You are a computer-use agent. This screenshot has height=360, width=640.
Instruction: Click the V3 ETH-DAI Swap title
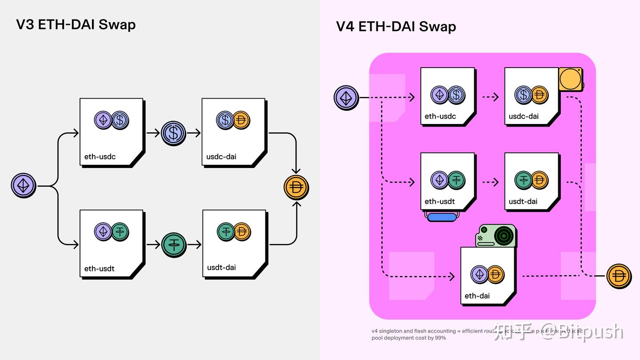[76, 24]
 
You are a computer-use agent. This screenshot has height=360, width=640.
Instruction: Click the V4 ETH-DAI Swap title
[396, 27]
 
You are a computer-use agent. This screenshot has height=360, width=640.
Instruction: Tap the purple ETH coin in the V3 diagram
[24, 186]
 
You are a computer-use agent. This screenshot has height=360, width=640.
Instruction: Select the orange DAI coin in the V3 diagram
[296, 188]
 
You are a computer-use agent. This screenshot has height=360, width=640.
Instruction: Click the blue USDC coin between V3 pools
[173, 133]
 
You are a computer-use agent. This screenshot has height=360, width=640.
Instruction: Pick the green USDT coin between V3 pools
[173, 244]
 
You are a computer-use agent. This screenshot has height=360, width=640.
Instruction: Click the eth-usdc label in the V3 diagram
[100, 156]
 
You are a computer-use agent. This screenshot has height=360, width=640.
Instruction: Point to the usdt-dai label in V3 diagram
[221, 268]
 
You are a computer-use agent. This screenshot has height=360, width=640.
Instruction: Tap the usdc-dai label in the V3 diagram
[221, 156]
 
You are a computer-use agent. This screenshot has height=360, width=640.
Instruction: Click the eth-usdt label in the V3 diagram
[100, 268]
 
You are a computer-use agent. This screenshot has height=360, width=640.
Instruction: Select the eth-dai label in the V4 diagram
[477, 296]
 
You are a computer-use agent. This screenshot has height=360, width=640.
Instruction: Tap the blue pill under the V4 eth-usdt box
[442, 217]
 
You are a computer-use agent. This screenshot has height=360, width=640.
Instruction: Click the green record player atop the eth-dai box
[496, 236]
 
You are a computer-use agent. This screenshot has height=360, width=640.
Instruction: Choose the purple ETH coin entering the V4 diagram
[346, 97]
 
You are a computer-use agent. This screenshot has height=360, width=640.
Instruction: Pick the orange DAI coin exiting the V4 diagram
[619, 276]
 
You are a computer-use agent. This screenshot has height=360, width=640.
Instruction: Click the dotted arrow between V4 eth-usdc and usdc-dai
[490, 97]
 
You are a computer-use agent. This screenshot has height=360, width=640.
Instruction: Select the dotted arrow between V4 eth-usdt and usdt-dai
[490, 182]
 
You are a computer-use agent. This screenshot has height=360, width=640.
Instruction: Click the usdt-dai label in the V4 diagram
[523, 201]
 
